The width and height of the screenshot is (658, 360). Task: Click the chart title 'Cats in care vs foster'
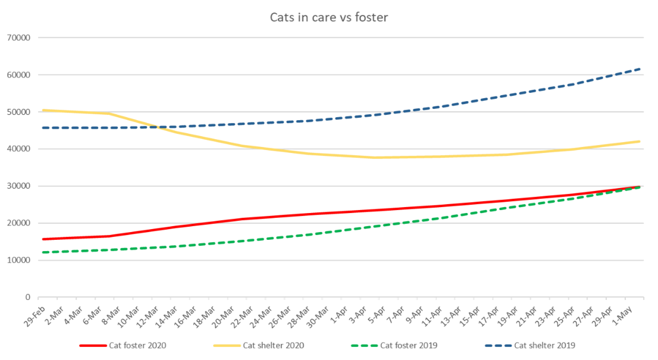pyautogui.click(x=328, y=17)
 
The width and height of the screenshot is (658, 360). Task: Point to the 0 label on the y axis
pyautogui.click(x=27, y=297)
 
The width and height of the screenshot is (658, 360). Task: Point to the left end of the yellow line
pyautogui.click(x=42, y=110)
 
